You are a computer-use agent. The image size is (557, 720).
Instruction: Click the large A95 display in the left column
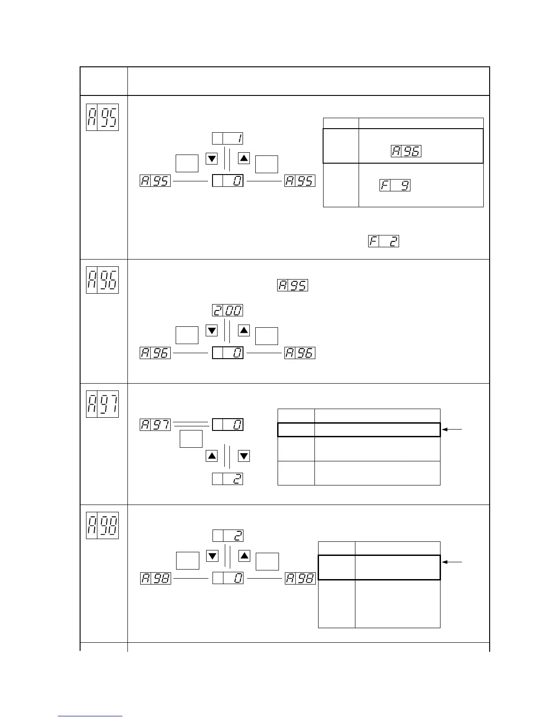[x=102, y=117]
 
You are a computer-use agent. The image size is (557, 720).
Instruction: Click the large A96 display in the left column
[x=102, y=280]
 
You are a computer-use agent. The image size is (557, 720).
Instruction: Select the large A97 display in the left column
[x=102, y=404]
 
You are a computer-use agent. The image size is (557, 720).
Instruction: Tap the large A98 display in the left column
[x=102, y=525]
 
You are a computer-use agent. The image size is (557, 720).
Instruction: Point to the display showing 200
[x=228, y=310]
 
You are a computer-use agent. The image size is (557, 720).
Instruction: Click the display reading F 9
[x=395, y=185]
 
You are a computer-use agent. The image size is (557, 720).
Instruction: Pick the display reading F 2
[x=384, y=241]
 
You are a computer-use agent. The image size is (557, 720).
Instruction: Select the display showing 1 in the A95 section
[x=228, y=138]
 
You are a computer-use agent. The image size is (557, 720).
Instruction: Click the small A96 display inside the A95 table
[x=406, y=151]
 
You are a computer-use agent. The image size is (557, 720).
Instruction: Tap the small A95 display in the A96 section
[x=293, y=285]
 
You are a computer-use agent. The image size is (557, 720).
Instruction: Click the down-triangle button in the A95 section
[x=212, y=159]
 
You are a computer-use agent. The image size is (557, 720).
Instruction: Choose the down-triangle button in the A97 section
[x=244, y=455]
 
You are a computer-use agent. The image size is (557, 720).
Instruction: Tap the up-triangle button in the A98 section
[x=244, y=555]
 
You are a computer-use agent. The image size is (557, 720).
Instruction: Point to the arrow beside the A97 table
[x=453, y=429]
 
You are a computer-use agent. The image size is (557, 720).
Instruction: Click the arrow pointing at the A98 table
[x=453, y=562]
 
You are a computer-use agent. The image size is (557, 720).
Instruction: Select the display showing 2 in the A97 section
[x=228, y=479]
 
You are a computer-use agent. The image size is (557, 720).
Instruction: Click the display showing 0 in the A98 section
[x=228, y=578]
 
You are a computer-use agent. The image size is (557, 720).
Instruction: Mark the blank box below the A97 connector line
[x=191, y=439]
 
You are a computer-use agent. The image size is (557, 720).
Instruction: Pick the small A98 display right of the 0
[x=300, y=578]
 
